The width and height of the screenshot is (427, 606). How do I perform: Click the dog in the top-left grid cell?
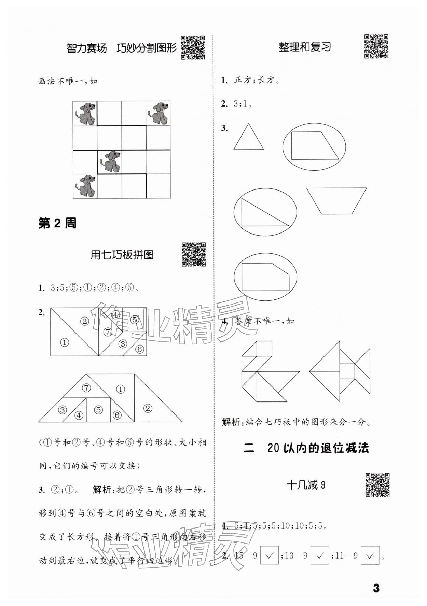pos(85,113)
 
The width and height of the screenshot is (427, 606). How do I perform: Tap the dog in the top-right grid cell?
pos(158,113)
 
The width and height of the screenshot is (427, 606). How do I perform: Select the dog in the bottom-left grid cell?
pos(85,186)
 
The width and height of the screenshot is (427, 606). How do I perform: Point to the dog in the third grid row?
pos(109,161)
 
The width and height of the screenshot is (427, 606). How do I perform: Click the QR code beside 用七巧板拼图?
pos(193,254)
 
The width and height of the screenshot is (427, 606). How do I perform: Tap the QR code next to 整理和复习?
pos(376,46)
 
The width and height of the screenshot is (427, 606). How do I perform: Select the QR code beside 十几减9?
pos(377,484)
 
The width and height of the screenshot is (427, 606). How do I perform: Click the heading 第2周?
pos(57,224)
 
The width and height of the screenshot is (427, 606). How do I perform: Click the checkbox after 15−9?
pos(270,555)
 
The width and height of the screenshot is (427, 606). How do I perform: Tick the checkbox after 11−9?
pos(370,555)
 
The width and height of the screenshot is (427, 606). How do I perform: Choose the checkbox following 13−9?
pos(319,555)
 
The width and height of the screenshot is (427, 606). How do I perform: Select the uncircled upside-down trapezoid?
pos(336,200)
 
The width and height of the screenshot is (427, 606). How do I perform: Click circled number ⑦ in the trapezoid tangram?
pos(87,388)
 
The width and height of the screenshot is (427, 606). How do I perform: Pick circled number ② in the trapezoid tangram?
pos(148,408)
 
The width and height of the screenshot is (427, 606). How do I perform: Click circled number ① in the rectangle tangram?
pos(64,342)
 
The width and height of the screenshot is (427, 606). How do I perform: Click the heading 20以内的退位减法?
pos(318,448)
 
